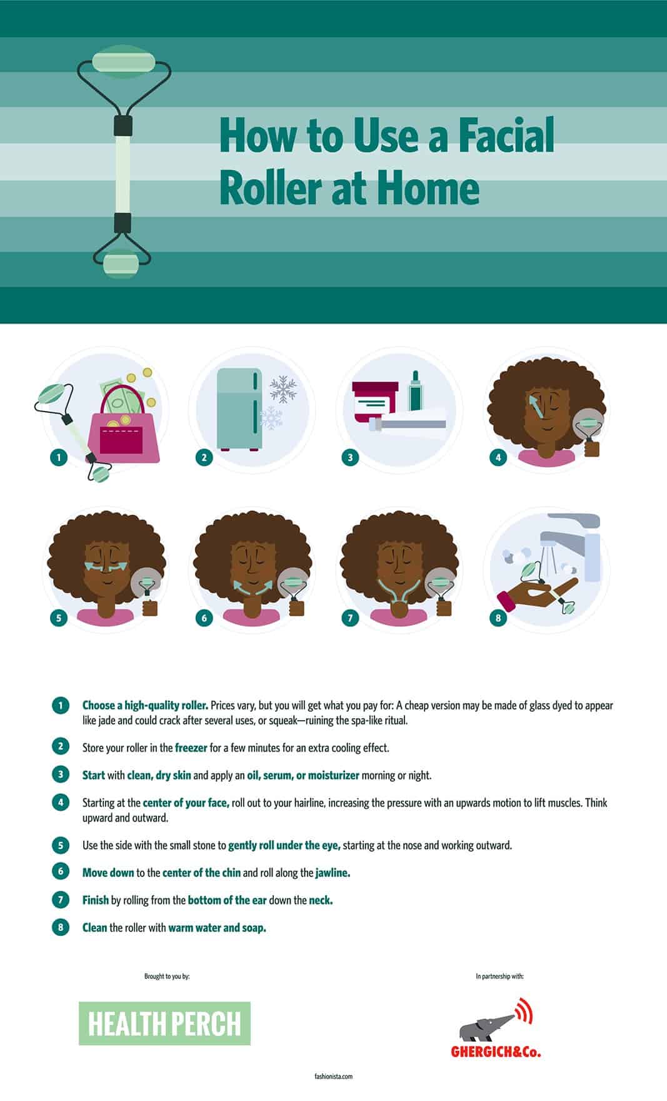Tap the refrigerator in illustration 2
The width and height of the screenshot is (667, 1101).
[x=239, y=408]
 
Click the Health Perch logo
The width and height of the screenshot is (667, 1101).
[x=164, y=1023]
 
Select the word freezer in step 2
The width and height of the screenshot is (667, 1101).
[x=191, y=748]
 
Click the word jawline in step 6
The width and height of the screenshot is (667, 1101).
[x=333, y=873]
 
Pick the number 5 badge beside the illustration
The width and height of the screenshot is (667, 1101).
[x=59, y=618]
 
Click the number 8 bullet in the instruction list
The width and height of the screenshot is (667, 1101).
[x=60, y=927]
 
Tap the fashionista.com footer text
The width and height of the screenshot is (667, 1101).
[x=334, y=1077]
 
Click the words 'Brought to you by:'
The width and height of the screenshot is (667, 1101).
[x=167, y=977]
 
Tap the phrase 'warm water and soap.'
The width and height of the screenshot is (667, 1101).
[x=218, y=928]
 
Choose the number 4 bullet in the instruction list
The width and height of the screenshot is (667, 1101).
[x=60, y=802]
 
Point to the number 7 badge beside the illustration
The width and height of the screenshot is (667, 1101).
[x=350, y=618]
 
